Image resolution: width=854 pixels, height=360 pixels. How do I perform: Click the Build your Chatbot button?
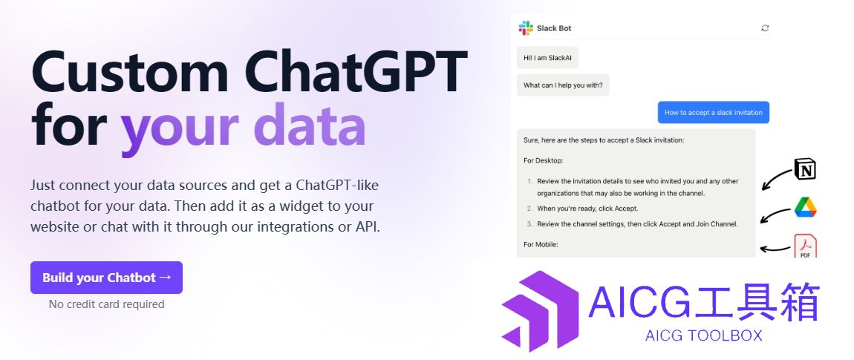pyautogui.click(x=106, y=277)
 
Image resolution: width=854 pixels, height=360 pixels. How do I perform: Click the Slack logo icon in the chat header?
pyautogui.click(x=526, y=28)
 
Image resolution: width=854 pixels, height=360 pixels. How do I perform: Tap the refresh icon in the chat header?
pyautogui.click(x=765, y=28)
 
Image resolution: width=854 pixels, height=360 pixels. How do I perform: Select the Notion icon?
pyautogui.click(x=805, y=168)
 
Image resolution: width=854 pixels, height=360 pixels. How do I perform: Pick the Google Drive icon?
pyautogui.click(x=806, y=208)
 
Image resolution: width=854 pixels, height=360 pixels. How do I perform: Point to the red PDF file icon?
pyautogui.click(x=806, y=246)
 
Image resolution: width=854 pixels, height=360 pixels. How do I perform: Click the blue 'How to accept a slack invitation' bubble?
pyautogui.click(x=714, y=112)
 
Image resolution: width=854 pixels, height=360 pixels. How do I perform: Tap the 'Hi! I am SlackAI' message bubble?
pyautogui.click(x=547, y=57)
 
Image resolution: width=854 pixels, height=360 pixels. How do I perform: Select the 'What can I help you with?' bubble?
pyautogui.click(x=563, y=85)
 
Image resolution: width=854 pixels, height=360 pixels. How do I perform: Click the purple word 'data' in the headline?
pyautogui.click(x=310, y=125)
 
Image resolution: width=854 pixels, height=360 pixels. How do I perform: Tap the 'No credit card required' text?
pyautogui.click(x=107, y=304)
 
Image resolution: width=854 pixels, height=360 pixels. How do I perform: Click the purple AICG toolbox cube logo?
pyautogui.click(x=541, y=311)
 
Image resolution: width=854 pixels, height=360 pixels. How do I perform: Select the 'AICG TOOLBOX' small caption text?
pyautogui.click(x=704, y=336)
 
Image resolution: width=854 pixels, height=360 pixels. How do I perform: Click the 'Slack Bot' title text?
pyautogui.click(x=554, y=28)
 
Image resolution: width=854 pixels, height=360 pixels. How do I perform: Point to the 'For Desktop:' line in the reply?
pyautogui.click(x=544, y=160)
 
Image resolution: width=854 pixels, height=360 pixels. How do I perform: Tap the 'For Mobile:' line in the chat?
pyautogui.click(x=541, y=244)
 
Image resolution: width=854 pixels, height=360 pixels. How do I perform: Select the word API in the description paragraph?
pyautogui.click(x=367, y=226)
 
